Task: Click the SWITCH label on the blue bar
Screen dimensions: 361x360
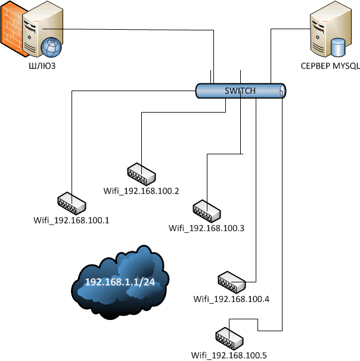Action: click(x=240, y=91)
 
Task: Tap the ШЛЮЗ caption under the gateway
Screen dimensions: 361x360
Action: click(x=42, y=66)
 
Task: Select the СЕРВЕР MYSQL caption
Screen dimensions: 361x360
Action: click(x=330, y=66)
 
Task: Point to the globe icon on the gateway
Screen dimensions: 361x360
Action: click(x=51, y=45)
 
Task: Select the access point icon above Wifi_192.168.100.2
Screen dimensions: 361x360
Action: click(x=141, y=174)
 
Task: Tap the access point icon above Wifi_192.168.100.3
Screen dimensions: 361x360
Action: click(x=207, y=210)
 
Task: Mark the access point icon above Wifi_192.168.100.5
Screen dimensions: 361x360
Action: click(x=228, y=338)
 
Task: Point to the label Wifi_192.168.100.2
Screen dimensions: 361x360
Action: click(x=141, y=191)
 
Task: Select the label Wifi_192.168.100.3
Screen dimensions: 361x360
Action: click(x=207, y=228)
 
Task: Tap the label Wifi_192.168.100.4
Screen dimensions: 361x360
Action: click(x=232, y=298)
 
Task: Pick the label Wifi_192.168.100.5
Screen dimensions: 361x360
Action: click(x=229, y=356)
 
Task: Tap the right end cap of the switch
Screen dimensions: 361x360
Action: click(x=283, y=91)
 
